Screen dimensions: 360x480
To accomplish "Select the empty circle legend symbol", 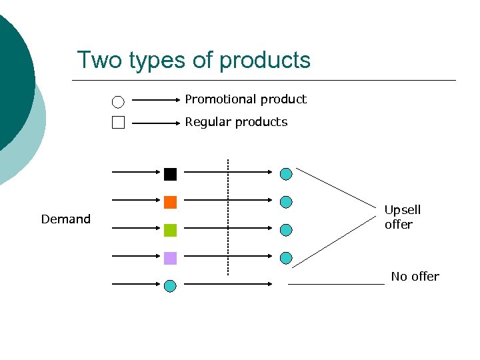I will [x=118, y=102].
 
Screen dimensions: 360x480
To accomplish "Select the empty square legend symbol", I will [x=118, y=122].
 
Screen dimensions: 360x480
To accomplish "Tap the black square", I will [x=170, y=174].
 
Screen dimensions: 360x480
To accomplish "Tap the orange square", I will [x=170, y=202].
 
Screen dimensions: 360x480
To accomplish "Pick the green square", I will [x=170, y=230].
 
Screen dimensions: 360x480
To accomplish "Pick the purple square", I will [x=170, y=258].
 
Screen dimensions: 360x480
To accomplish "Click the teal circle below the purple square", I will [x=170, y=286].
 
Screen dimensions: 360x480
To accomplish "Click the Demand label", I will [x=65, y=219].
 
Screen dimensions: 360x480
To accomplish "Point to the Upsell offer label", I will [x=402, y=217].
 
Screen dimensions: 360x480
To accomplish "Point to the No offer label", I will [x=415, y=276].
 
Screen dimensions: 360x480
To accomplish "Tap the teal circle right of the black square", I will [x=286, y=174].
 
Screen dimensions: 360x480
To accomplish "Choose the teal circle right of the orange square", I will [x=286, y=202].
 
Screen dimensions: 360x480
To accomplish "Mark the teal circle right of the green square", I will [x=286, y=230].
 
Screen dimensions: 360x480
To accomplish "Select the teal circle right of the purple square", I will [x=286, y=258].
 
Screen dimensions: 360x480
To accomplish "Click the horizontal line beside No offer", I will [x=337, y=285].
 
